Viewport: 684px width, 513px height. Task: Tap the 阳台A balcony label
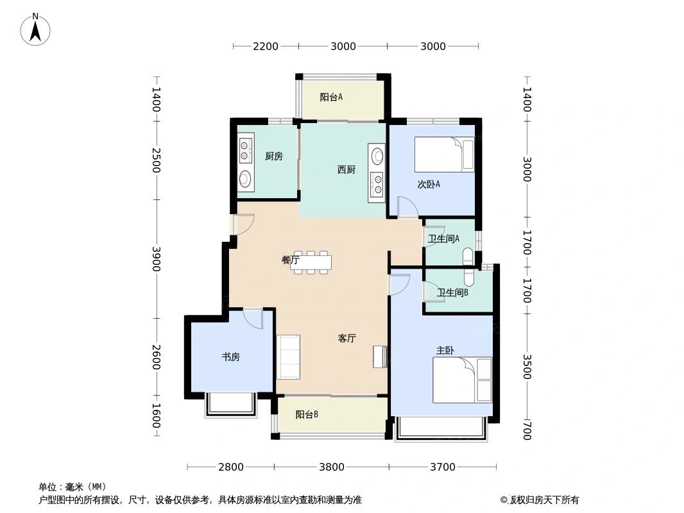tap(331, 97)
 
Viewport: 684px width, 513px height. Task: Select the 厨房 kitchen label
tap(273, 156)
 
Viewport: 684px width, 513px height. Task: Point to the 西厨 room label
tap(346, 170)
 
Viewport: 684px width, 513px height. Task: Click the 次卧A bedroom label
tap(429, 185)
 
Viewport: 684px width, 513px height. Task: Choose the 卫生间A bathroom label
tap(444, 239)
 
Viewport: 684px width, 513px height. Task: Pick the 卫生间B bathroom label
tap(452, 293)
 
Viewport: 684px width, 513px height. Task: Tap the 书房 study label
tap(230, 357)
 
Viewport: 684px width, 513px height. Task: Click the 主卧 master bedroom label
tap(445, 351)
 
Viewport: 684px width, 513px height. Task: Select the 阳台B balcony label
tap(307, 415)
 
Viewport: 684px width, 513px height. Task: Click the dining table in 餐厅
tap(312, 262)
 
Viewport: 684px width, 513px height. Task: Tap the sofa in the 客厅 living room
tap(288, 357)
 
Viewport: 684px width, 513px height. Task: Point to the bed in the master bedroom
tap(462, 380)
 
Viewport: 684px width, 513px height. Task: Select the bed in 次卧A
tap(445, 155)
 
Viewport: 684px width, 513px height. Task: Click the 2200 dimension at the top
tap(266, 46)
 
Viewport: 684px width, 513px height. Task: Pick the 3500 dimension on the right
tap(527, 367)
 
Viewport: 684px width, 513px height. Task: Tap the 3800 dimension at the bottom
tap(332, 467)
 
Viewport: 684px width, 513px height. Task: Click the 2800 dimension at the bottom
tap(231, 467)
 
